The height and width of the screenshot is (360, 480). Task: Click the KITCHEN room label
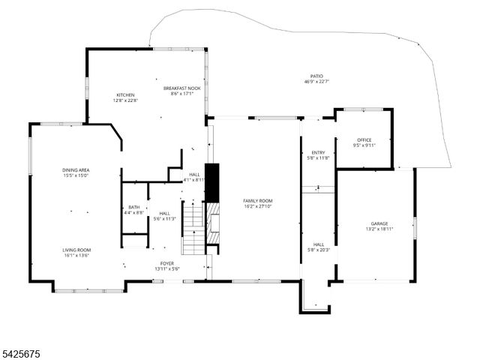[125, 95]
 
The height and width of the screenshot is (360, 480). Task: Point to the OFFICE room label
[364, 140]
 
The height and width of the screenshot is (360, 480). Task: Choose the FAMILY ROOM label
[257, 200]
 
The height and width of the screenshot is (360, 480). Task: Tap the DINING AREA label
[76, 170]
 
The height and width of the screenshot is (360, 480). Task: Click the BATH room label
[133, 208]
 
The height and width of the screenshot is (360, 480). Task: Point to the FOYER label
[166, 263]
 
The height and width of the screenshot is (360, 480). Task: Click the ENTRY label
[319, 153]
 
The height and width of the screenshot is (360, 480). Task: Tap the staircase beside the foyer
[194, 229]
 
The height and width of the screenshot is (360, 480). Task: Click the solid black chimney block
[212, 181]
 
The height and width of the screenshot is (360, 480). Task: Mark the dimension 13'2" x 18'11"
[379, 229]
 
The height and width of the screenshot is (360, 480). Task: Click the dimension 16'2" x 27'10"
[257, 205]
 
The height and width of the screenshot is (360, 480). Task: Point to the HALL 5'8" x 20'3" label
[319, 247]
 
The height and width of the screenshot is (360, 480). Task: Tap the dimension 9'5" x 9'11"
[364, 145]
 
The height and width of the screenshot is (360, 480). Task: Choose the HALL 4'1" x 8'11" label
[194, 177]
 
